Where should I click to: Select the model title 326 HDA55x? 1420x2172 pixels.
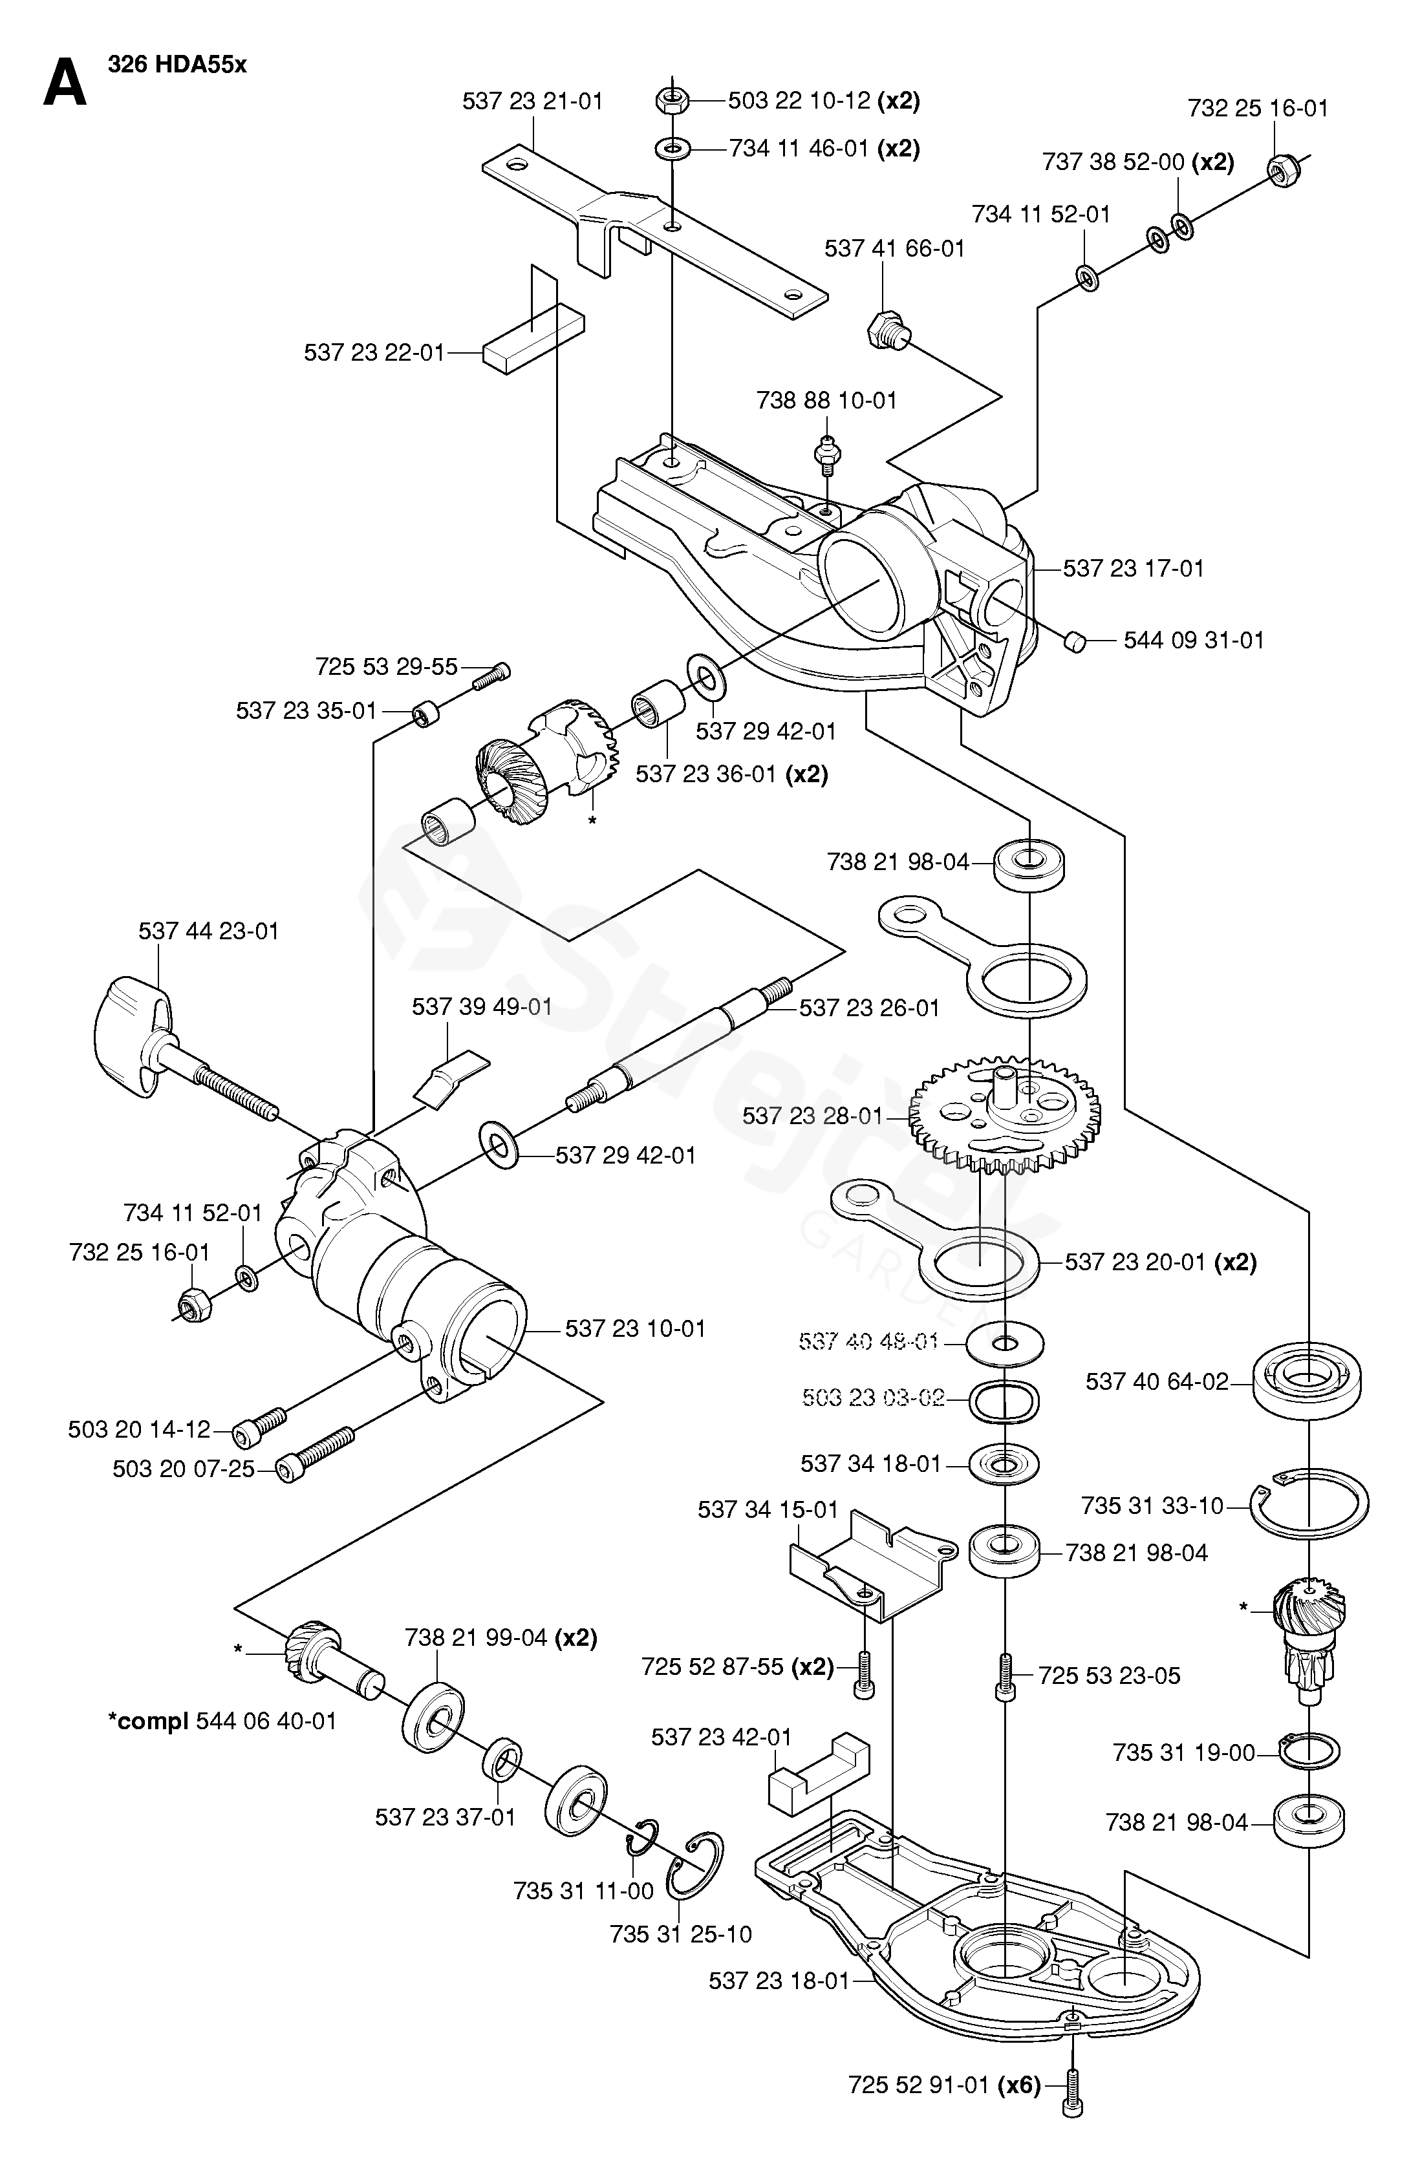coord(177,65)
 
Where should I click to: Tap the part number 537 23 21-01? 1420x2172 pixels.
coord(532,101)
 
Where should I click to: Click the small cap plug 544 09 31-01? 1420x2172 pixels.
coord(1074,641)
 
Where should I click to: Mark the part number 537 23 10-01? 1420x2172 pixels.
coord(635,1329)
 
